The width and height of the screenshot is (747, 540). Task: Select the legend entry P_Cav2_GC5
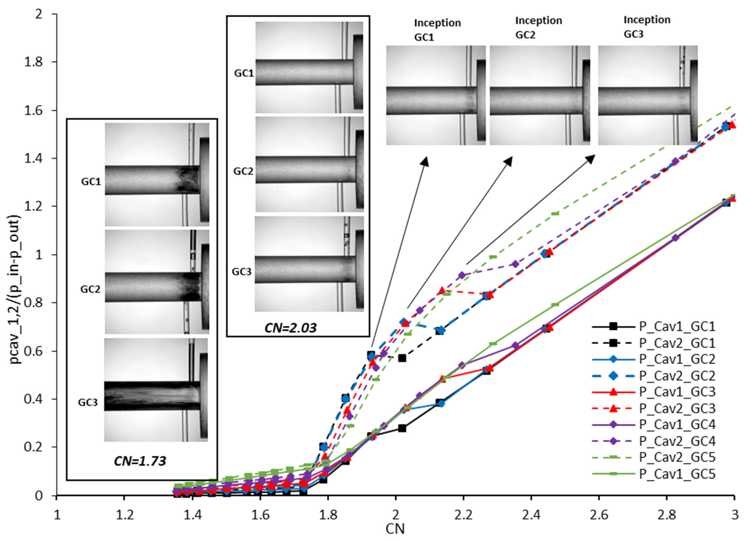point(677,457)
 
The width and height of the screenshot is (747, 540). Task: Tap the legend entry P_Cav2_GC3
point(677,409)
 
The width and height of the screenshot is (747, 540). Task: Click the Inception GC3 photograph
point(648,95)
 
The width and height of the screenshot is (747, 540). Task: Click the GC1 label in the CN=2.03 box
point(244,73)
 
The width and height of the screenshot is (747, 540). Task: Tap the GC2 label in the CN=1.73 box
point(90,289)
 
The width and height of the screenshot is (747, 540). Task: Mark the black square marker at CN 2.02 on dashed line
point(402,358)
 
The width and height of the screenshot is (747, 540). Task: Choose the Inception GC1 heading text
point(437,30)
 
